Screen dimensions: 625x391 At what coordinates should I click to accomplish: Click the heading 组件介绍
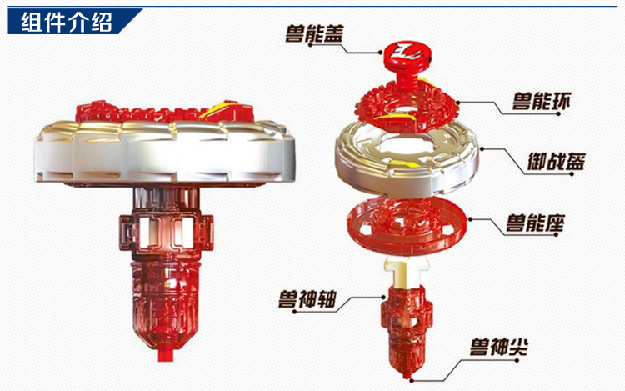[67, 22]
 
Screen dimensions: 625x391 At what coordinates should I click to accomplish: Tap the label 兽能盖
[314, 33]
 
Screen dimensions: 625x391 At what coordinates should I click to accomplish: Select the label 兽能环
[542, 101]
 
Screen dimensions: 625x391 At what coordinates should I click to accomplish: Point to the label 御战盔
[556, 161]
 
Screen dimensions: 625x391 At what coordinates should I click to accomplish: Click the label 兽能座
[535, 223]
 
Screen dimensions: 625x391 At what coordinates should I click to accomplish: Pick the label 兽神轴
[307, 299]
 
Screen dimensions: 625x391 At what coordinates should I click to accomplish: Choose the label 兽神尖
[498, 347]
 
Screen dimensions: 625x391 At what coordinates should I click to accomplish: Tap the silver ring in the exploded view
[407, 158]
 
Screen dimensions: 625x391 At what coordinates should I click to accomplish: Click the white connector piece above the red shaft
[407, 273]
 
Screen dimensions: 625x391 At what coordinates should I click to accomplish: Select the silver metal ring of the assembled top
[165, 153]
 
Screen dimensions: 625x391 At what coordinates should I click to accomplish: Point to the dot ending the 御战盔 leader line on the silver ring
[482, 148]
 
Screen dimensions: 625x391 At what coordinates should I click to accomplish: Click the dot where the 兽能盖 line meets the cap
[381, 52]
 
